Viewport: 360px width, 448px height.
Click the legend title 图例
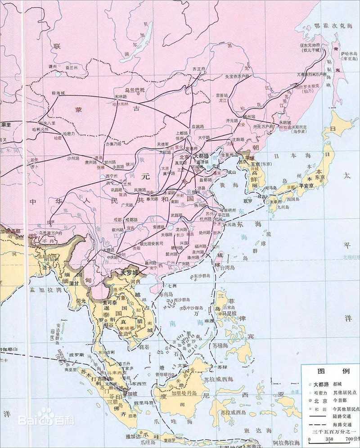pyautogui.click(x=327, y=372)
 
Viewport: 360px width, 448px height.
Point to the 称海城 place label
pyautogui.click(x=58, y=93)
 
